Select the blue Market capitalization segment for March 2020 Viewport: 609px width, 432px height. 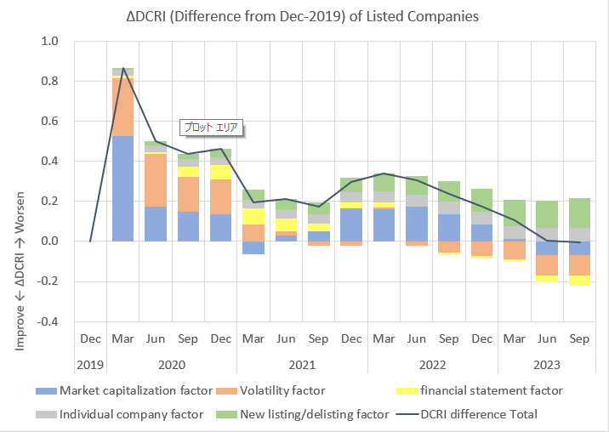[x=123, y=188]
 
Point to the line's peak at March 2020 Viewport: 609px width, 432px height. [x=123, y=69]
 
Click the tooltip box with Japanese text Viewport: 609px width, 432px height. [x=212, y=128]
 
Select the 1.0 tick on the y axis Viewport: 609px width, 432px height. [x=50, y=42]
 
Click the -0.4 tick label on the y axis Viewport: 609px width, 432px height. [x=48, y=321]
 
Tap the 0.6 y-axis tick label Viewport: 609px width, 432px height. [x=50, y=122]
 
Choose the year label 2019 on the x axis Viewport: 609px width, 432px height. [x=90, y=365]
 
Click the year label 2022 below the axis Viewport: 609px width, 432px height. [x=433, y=365]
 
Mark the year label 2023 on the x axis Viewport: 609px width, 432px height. [x=547, y=365]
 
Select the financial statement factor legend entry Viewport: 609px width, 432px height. [x=490, y=391]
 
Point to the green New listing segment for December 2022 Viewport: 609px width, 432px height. [x=481, y=200]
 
